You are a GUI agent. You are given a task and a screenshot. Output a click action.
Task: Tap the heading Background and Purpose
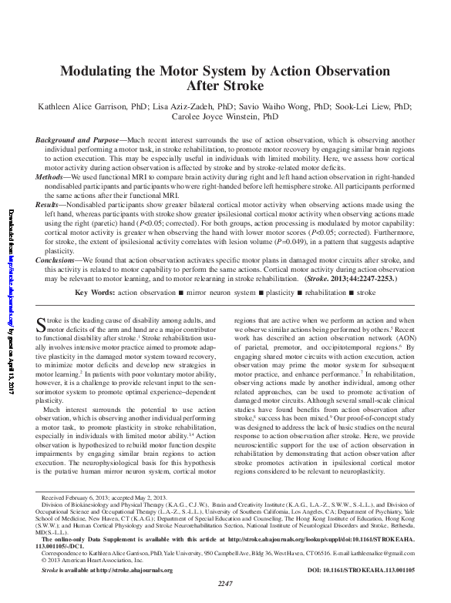tap(78, 140)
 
